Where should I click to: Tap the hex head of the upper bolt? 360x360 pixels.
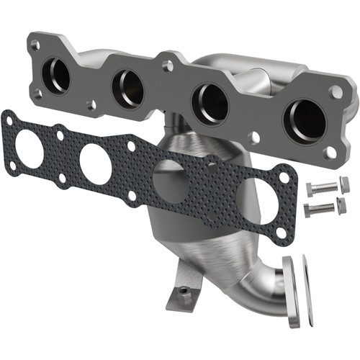[310, 189]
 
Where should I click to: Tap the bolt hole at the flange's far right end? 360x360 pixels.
[336, 92]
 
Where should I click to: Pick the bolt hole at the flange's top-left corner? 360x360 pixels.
[35, 45]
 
